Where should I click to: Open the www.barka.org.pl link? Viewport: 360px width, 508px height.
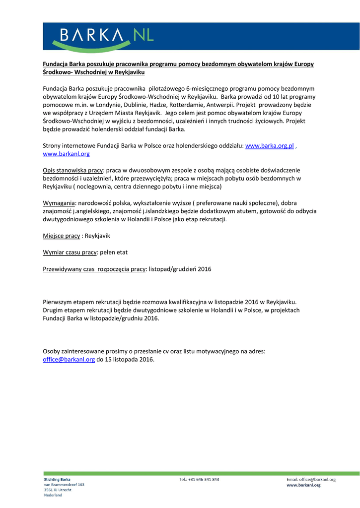[270, 146]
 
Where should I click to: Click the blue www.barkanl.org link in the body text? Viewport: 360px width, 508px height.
[66, 154]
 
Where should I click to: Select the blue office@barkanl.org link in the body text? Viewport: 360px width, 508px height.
[69, 360]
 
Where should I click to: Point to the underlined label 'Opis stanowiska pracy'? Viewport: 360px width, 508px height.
[73, 170]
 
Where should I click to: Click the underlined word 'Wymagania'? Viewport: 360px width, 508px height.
[59, 203]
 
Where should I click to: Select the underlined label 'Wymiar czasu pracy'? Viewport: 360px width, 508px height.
[70, 252]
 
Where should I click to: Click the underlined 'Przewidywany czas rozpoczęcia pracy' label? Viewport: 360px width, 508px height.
[94, 269]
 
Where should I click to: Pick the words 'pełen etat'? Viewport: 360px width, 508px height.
[114, 252]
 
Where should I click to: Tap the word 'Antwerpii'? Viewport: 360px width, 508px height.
[218, 105]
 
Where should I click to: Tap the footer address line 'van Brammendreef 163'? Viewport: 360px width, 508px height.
[64, 485]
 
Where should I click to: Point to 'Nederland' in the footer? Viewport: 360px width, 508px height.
[53, 495]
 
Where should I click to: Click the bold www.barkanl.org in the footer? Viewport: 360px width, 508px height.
[303, 485]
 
